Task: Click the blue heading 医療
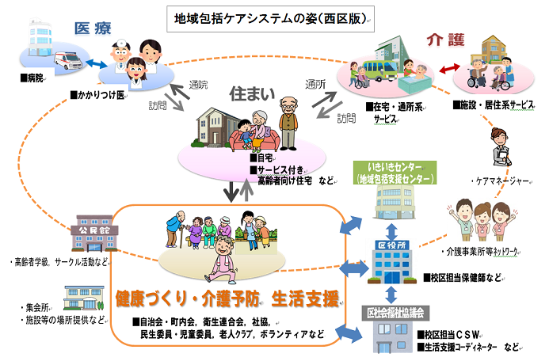(93, 27)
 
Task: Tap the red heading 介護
(444, 39)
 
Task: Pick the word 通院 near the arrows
(199, 85)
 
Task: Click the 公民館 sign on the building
(93, 230)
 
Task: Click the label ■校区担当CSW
(454, 334)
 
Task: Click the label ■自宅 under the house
(263, 158)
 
